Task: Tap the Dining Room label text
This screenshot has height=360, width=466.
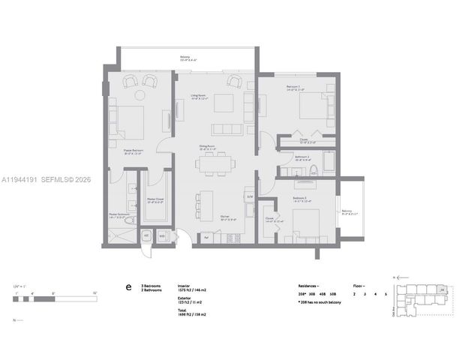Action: [x=208, y=148]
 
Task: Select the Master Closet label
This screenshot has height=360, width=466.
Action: [x=155, y=201]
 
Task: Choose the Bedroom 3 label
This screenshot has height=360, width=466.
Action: [x=302, y=199]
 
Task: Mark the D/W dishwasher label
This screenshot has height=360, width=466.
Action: [x=250, y=197]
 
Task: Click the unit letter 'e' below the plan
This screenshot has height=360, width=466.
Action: [x=128, y=287]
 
